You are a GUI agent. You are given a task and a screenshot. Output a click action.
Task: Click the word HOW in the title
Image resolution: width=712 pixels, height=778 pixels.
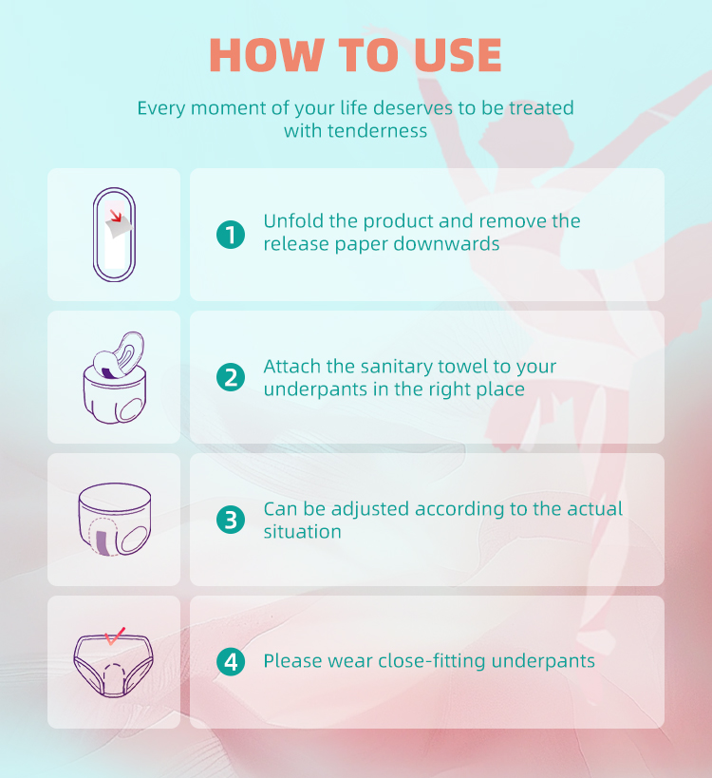point(267,55)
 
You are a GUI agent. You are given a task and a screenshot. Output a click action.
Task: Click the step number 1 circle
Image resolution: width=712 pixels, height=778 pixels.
point(231,235)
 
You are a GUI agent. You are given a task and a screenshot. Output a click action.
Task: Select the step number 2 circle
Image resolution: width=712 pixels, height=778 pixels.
point(231,377)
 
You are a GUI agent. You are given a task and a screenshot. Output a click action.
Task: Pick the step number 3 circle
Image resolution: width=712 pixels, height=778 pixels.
point(231,520)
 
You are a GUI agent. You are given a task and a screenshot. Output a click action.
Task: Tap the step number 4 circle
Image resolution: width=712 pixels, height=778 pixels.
point(231,662)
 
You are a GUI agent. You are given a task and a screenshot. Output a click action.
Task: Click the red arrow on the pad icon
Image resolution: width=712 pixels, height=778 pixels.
point(116,216)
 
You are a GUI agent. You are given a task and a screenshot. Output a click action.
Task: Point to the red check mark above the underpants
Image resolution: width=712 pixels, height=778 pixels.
point(115,636)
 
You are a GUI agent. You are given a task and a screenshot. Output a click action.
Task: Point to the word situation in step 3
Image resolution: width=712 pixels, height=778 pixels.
point(303,532)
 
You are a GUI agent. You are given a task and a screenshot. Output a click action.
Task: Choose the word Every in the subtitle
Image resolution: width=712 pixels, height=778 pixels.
point(161,108)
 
